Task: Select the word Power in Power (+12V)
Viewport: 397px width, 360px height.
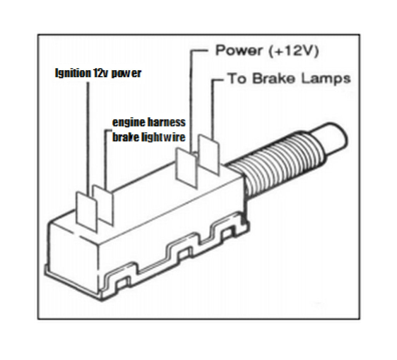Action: point(237,51)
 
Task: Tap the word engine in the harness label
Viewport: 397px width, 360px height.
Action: point(124,123)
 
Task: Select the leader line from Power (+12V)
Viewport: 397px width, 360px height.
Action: point(192,97)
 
